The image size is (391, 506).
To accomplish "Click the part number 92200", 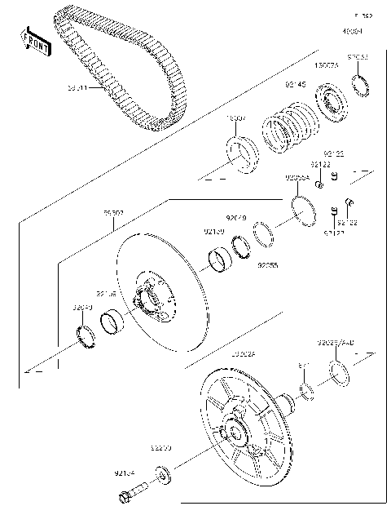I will (x=160, y=448).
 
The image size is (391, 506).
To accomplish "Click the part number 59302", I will (x=113, y=214).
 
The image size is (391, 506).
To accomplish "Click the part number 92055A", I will (x=297, y=177).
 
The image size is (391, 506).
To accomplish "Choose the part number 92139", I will (x=213, y=232).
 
